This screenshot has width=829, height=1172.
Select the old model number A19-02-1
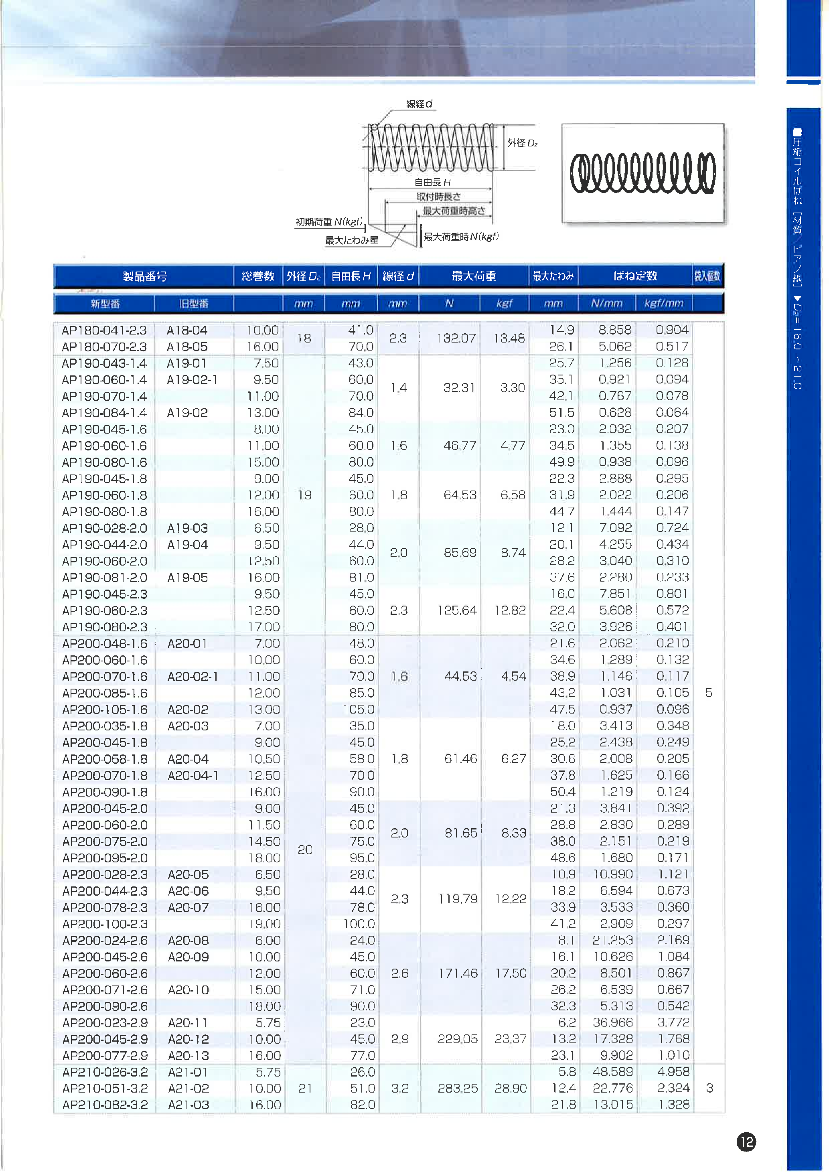pos(192,380)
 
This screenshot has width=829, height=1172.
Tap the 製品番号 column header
pos(144,276)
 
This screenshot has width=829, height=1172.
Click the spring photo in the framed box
pos(643,173)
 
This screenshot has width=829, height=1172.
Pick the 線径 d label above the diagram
pos(419,103)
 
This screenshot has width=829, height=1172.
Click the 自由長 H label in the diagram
pos(432,182)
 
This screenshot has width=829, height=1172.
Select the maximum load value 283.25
pos(457,1088)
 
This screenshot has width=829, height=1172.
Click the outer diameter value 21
pos(305,1088)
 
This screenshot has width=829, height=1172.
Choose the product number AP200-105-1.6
pos(105,710)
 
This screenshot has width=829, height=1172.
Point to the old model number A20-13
pos(189,1055)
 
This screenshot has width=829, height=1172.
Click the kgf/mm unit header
pos(664,303)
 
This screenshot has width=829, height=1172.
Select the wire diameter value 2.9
pos(400,1039)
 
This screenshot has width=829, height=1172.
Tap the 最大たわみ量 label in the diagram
pos(352,240)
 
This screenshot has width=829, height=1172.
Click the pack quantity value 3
pos(709,1088)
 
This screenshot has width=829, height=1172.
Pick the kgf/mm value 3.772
pos(673,1022)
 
